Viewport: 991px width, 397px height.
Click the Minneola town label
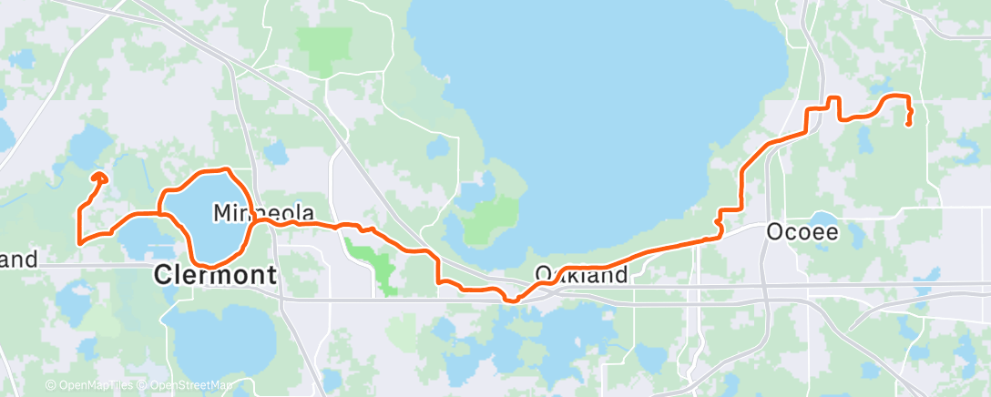(x=263, y=213)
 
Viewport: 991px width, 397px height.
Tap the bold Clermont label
(x=215, y=274)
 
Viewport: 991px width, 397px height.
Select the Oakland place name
(x=582, y=274)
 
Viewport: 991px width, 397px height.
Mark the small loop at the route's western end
(x=99, y=178)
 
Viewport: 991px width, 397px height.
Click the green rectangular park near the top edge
(x=330, y=51)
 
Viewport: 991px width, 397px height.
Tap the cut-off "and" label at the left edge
(x=18, y=260)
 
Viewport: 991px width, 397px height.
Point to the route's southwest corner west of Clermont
(x=80, y=242)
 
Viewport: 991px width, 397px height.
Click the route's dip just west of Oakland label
(x=512, y=298)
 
